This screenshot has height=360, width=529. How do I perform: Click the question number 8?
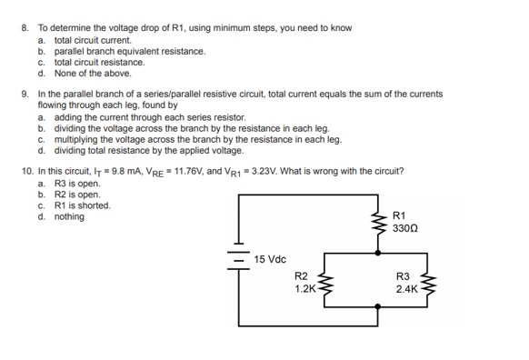point(25,29)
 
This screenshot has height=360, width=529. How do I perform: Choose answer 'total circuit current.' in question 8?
point(93,41)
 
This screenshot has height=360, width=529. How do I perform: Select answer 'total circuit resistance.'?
point(99,63)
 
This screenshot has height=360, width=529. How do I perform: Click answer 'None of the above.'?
point(93,74)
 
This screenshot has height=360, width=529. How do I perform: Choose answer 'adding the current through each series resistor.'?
point(150,118)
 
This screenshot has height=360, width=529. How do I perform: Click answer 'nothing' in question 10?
point(70,215)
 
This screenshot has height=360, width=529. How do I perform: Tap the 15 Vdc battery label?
point(270,259)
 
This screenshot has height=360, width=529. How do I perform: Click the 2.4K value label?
point(405,289)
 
